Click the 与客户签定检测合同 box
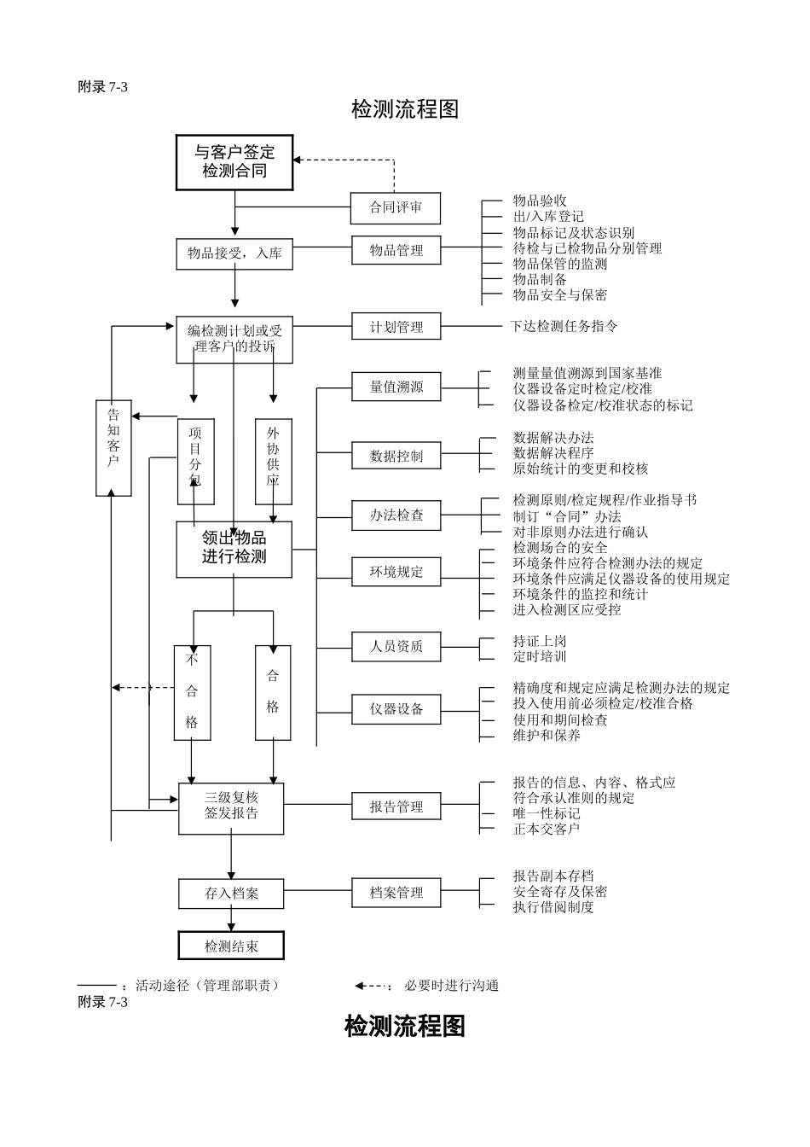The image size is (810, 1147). tap(234, 162)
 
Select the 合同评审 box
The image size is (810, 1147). tap(396, 207)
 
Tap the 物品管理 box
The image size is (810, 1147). tap(396, 250)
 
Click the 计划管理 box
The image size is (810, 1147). tap(396, 327)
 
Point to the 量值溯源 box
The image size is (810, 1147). tap(396, 387)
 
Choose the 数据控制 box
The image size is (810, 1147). tap(396, 456)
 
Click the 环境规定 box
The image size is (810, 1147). tap(396, 572)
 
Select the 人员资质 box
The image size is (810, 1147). tap(396, 646)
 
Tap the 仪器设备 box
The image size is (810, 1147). tap(396, 709)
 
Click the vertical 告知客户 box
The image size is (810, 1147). tap(113, 447)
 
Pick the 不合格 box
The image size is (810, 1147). tap(192, 692)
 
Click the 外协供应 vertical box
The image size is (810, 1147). tap(273, 461)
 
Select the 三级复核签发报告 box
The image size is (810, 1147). tap(231, 807)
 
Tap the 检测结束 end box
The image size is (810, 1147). tap(231, 946)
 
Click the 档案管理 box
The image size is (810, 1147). tap(396, 893)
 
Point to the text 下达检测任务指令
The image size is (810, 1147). tap(564, 326)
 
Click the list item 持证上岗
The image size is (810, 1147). tap(540, 641)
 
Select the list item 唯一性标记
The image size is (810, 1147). tap(547, 813)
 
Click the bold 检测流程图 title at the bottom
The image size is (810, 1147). tap(405, 1026)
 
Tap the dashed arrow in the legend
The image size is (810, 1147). tap(373, 986)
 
